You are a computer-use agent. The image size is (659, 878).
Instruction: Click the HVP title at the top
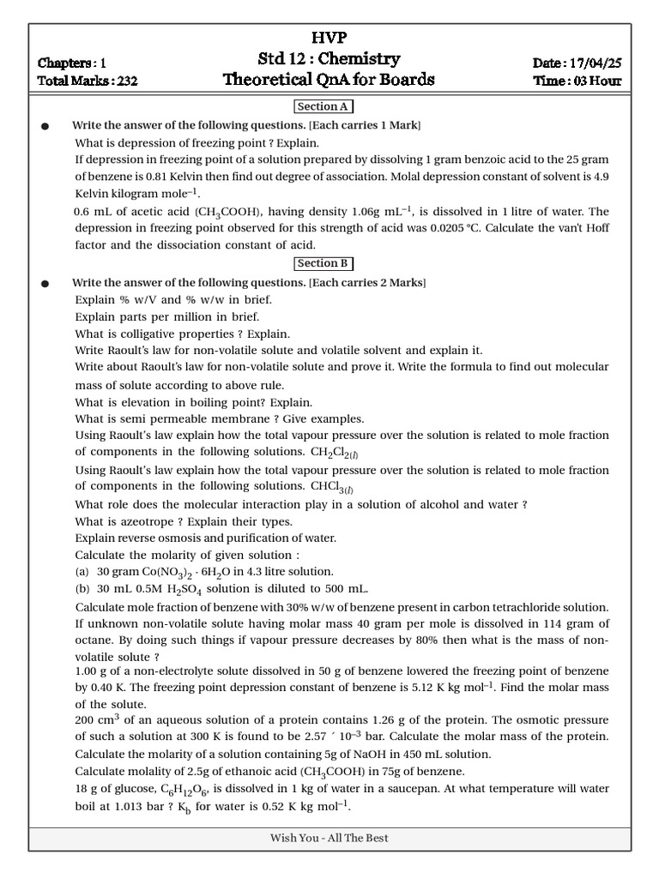pyautogui.click(x=329, y=37)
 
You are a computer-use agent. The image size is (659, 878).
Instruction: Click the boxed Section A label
pyautogui.click(x=323, y=107)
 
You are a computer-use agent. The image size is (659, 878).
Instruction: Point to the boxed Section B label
pyautogui.click(x=323, y=264)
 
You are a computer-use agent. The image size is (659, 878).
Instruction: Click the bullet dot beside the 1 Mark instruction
pyautogui.click(x=45, y=126)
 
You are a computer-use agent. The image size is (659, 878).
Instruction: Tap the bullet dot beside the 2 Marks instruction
pyautogui.click(x=45, y=283)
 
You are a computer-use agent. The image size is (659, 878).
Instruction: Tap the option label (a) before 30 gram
pyautogui.click(x=82, y=572)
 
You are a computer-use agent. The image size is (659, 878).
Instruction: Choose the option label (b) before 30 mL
pyautogui.click(x=82, y=589)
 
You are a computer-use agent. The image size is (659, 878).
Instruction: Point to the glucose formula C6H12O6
pyautogui.click(x=174, y=790)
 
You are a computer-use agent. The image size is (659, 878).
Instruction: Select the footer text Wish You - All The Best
pyautogui.click(x=329, y=838)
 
